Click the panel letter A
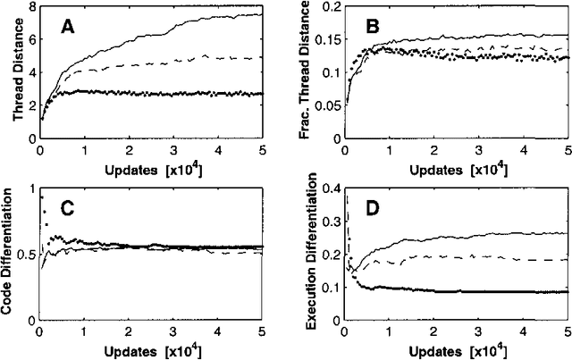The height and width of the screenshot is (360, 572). coord(67,29)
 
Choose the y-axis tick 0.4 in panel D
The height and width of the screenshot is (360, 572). coord(327,188)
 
